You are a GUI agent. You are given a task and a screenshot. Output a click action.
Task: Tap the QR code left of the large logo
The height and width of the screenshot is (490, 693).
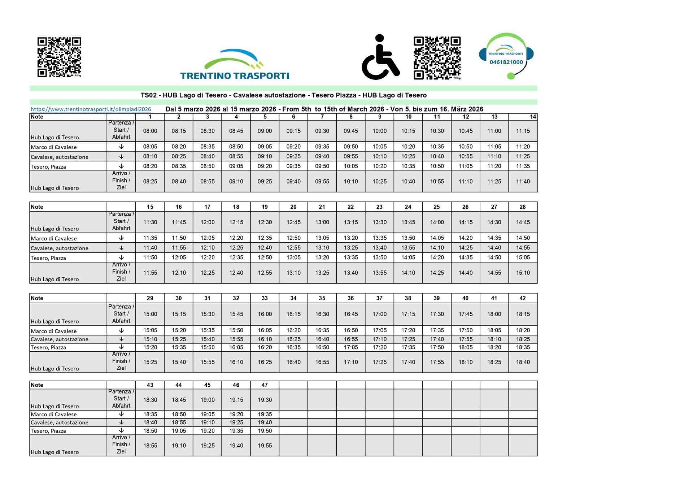(x=59, y=57)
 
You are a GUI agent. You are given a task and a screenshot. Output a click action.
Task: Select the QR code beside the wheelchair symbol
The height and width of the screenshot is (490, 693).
(x=437, y=58)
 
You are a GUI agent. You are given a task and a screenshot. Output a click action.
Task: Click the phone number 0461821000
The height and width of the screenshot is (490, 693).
(x=506, y=62)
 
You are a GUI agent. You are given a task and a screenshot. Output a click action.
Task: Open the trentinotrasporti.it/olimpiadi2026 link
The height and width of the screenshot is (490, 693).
(x=91, y=109)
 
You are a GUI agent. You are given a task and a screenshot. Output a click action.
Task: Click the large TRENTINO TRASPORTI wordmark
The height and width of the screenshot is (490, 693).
(x=235, y=76)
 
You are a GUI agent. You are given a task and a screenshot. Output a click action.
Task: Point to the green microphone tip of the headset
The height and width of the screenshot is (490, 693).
(x=511, y=76)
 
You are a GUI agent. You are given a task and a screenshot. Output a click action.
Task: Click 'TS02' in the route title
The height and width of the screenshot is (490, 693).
(x=148, y=95)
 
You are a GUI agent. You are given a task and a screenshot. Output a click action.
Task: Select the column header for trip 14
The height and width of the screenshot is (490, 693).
(x=533, y=117)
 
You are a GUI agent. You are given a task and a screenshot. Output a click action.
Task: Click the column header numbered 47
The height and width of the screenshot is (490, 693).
(x=265, y=385)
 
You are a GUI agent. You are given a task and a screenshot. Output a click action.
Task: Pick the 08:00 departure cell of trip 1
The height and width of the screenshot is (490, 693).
(x=150, y=131)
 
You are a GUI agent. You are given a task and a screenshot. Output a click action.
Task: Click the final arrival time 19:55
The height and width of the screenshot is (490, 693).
(x=265, y=446)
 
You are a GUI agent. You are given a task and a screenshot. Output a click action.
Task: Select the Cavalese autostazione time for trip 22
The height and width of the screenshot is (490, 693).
(x=351, y=248)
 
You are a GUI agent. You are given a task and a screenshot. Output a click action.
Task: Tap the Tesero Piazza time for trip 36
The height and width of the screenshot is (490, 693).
(x=351, y=347)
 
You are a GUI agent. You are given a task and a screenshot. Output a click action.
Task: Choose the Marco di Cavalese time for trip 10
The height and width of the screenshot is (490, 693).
(x=408, y=147)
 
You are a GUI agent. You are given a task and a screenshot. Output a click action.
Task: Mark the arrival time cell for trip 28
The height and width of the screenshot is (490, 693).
(x=523, y=273)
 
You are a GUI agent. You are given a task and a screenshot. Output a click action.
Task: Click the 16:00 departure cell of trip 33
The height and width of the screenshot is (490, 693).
(x=265, y=314)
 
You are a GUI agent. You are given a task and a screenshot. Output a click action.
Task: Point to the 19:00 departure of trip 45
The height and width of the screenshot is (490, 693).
(x=208, y=400)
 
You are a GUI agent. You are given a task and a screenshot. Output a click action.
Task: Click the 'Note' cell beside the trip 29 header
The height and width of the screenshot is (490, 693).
(x=68, y=298)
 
